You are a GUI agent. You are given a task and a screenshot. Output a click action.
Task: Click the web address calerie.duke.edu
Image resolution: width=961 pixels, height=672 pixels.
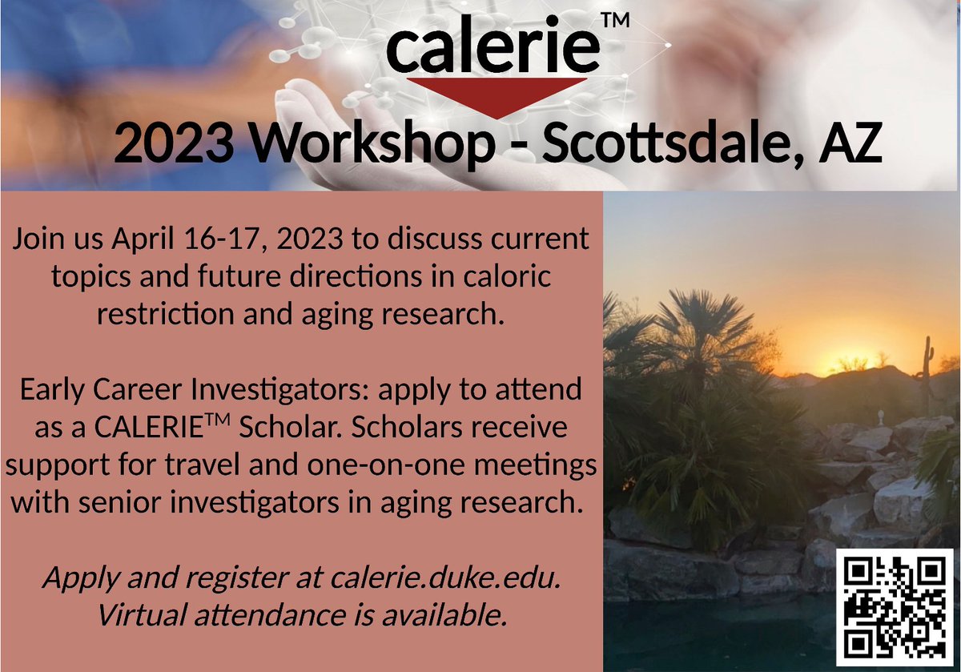pos(444,577)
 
